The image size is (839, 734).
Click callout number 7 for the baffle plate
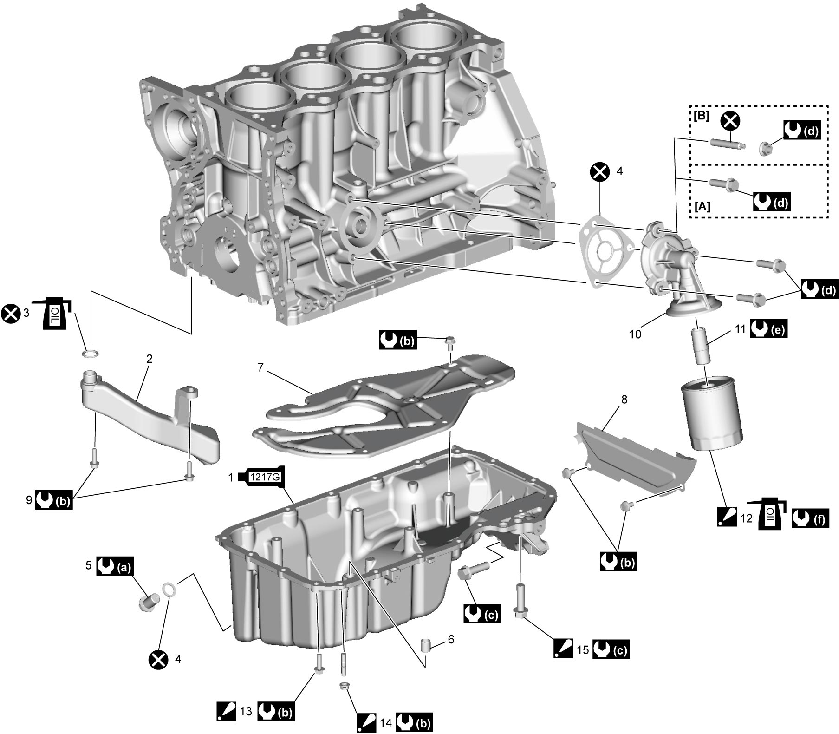[x=261, y=368]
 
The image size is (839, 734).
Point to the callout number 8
[x=624, y=400]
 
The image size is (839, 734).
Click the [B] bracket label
[x=701, y=116]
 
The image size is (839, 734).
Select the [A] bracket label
[x=703, y=206]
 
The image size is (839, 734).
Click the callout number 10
[x=635, y=334]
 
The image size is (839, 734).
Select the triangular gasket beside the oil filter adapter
[x=603, y=254]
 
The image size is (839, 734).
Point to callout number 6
[x=451, y=639]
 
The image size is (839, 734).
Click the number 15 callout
[x=582, y=649]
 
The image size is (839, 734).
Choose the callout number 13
[x=246, y=711]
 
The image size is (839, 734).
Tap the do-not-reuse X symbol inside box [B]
[x=731, y=121]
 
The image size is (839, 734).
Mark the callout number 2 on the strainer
[x=150, y=359]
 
